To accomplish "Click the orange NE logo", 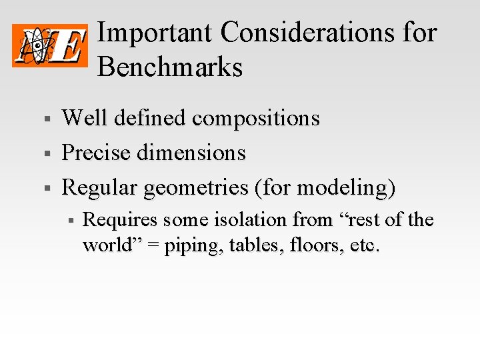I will pyautogui.click(x=50, y=45).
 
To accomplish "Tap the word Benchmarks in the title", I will pyautogui.click(x=170, y=67).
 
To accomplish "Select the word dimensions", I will pyautogui.click(x=191, y=153).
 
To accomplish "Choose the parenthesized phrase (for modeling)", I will pyautogui.click(x=325, y=189).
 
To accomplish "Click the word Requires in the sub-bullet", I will pyautogui.click(x=120, y=220).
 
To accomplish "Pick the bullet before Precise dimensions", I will pyautogui.click(x=47, y=154).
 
